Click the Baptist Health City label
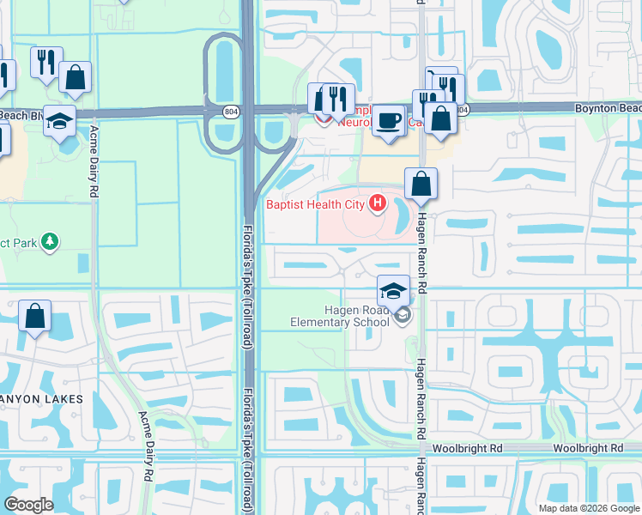(x=314, y=204)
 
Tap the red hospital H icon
(x=376, y=203)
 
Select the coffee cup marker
(x=389, y=119)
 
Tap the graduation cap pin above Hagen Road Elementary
(x=393, y=290)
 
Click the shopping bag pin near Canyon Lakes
(x=34, y=316)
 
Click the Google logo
(x=28, y=504)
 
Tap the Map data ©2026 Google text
(x=588, y=508)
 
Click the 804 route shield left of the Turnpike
(x=230, y=111)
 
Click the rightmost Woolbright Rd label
(x=588, y=449)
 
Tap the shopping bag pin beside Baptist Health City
(x=421, y=184)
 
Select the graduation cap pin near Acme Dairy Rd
(x=59, y=121)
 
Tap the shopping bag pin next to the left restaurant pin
(x=76, y=77)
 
